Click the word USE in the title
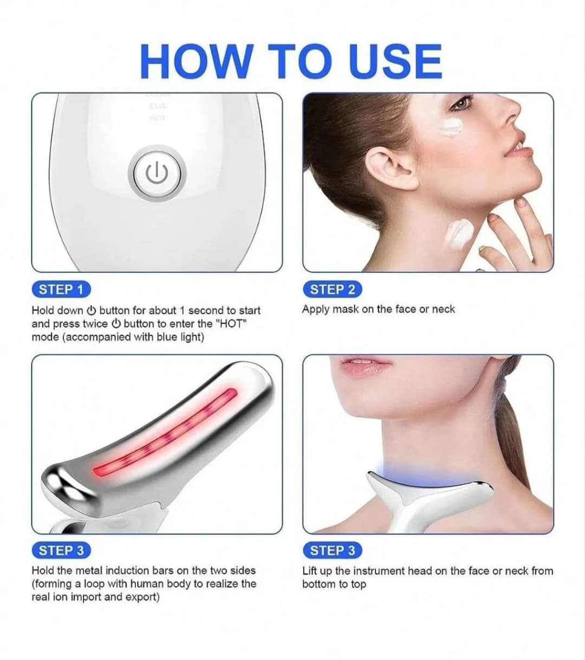(x=396, y=62)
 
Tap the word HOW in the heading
(x=196, y=62)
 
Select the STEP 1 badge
(x=61, y=290)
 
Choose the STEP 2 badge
(x=332, y=290)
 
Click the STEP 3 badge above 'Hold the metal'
(x=61, y=550)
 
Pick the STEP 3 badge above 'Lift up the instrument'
(x=332, y=550)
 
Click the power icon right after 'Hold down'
(x=92, y=310)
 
